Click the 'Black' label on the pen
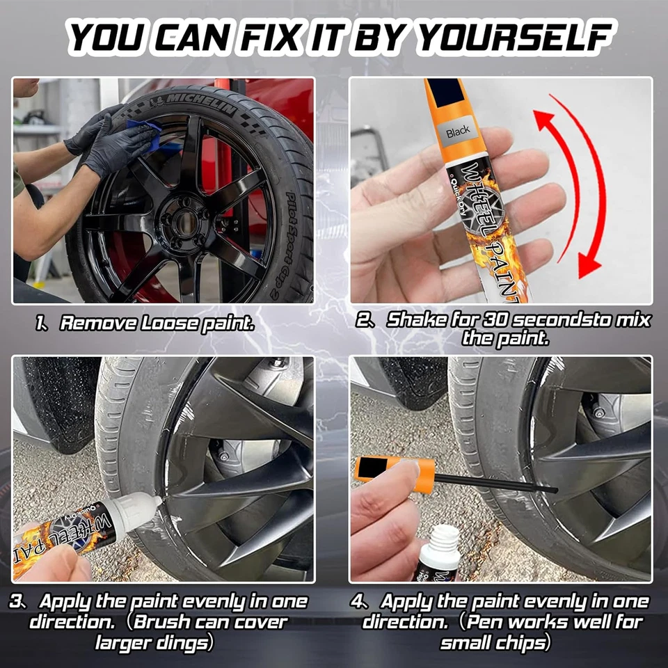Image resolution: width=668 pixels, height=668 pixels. [x=458, y=132]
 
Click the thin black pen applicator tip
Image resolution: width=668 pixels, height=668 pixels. [x=501, y=483]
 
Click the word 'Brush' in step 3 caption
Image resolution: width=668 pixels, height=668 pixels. [x=163, y=621]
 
